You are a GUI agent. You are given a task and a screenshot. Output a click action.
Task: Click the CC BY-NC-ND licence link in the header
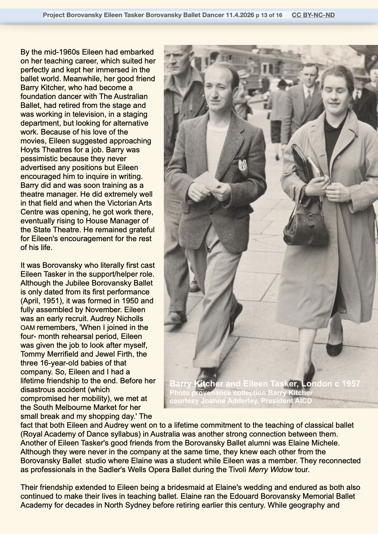313,15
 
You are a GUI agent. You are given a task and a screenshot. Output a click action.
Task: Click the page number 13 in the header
263,15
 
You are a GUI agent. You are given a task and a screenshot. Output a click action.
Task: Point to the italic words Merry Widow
271,469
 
